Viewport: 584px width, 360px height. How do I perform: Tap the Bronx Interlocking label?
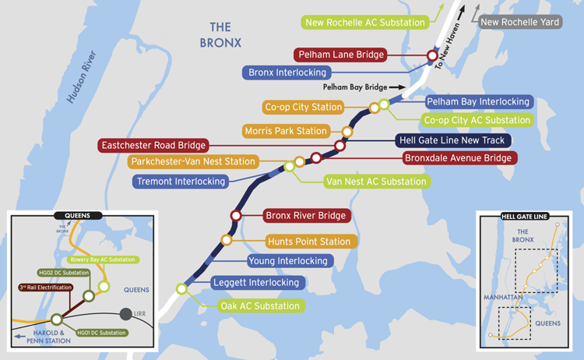(x=288, y=73)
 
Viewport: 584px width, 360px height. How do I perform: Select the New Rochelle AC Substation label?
(x=365, y=23)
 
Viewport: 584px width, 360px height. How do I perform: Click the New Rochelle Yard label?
(x=519, y=23)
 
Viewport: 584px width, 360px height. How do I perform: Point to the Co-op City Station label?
(x=304, y=108)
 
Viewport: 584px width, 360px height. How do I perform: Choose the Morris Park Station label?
(x=286, y=131)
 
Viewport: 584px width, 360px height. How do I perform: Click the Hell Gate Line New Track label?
(x=452, y=141)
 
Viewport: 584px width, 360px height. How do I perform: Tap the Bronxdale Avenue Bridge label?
(x=458, y=158)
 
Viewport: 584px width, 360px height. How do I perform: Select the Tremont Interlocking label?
(x=181, y=182)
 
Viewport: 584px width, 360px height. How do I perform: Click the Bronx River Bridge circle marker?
(x=235, y=216)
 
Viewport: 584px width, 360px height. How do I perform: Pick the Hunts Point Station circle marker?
(x=227, y=241)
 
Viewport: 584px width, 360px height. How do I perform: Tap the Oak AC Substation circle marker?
(x=181, y=289)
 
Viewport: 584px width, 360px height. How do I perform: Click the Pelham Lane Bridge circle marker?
(x=431, y=56)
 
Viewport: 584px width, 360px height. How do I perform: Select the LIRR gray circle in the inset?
(x=125, y=314)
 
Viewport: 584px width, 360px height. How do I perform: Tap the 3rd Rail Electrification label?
(x=45, y=288)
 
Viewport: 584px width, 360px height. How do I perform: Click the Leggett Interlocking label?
(x=255, y=283)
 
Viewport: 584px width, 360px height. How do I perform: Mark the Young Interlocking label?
(x=288, y=261)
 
